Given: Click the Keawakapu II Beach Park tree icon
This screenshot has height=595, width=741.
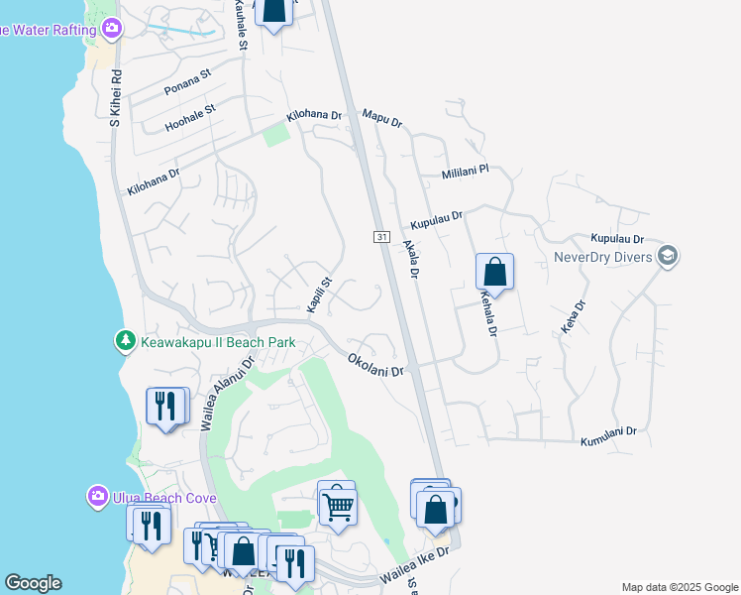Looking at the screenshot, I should [125, 341].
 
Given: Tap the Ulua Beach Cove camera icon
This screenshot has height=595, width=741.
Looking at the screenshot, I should [97, 495].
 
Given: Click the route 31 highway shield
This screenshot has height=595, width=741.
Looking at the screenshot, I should [381, 237].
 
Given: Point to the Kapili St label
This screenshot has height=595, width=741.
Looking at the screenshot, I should [318, 296].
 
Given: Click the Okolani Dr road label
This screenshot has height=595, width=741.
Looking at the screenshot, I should [376, 364].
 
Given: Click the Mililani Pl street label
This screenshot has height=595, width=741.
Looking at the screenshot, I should [466, 171].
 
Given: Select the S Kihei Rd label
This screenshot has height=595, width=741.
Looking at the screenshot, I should [115, 95].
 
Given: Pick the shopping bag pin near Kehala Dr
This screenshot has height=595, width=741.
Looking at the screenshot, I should [494, 272].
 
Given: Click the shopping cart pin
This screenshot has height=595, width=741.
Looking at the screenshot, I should [338, 505].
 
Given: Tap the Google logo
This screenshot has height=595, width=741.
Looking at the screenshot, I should [33, 583].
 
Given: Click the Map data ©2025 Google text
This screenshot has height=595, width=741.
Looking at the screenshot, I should [679, 587].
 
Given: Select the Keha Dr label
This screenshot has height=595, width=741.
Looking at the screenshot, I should [571, 317].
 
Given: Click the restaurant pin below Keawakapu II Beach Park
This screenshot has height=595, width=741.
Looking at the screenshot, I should [167, 406].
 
